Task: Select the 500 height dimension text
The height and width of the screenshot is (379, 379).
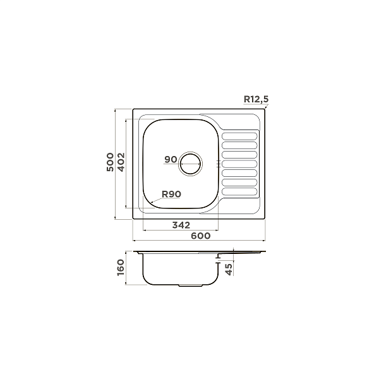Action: tap(110, 163)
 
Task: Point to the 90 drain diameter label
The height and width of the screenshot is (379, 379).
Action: tap(171, 160)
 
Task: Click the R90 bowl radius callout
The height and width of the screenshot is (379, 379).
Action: tap(171, 195)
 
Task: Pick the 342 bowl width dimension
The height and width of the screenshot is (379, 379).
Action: tap(181, 225)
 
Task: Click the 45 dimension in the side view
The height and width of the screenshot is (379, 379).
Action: tap(229, 270)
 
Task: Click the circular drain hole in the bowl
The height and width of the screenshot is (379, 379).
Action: tap(191, 164)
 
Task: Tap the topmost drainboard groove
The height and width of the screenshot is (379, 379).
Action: tap(240, 134)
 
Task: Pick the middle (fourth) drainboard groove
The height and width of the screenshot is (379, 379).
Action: tap(240, 163)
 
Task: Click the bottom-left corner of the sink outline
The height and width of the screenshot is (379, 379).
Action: tap(133, 219)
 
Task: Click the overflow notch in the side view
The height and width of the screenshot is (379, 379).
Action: tap(218, 256)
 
